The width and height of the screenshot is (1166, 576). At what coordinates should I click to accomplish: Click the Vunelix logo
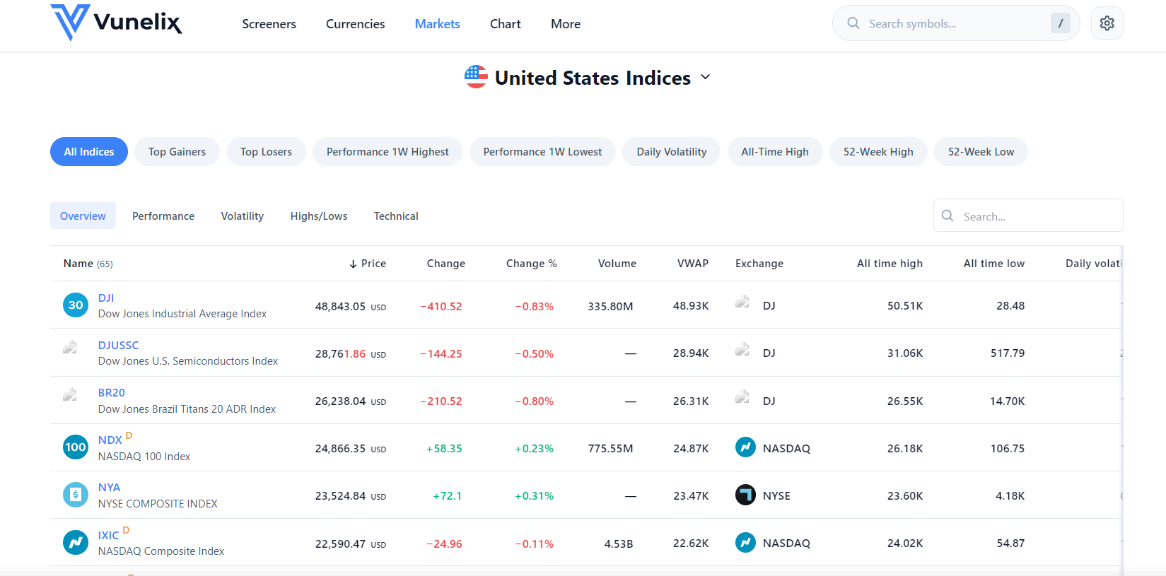[116, 23]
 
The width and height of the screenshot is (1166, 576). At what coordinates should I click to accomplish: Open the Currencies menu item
[355, 24]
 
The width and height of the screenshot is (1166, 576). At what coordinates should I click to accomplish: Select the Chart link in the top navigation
[505, 24]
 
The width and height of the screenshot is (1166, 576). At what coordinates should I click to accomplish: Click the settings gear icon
[1107, 23]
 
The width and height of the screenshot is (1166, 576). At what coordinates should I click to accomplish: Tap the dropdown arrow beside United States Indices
[705, 77]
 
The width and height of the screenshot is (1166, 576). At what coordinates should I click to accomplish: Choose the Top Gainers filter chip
[177, 152]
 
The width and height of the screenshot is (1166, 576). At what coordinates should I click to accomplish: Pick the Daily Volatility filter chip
[671, 152]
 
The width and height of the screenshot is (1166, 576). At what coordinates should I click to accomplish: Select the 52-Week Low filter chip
[980, 152]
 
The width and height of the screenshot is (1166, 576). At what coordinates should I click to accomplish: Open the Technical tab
[396, 216]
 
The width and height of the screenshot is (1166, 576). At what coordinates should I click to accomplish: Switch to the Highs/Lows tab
[319, 216]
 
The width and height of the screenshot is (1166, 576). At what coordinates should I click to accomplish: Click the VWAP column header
[692, 264]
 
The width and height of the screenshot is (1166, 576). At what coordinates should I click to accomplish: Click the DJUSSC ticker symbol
[118, 346]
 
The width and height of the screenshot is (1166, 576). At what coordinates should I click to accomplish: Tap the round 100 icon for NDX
[76, 447]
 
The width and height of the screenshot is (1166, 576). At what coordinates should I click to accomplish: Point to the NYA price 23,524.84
[340, 496]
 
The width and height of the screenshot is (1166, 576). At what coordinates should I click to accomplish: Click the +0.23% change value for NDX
[534, 449]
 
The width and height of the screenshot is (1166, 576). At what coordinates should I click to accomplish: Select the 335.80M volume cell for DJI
[610, 307]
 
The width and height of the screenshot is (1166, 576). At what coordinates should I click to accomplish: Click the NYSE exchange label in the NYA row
[776, 496]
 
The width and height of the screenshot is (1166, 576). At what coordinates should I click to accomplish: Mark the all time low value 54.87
[1010, 543]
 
